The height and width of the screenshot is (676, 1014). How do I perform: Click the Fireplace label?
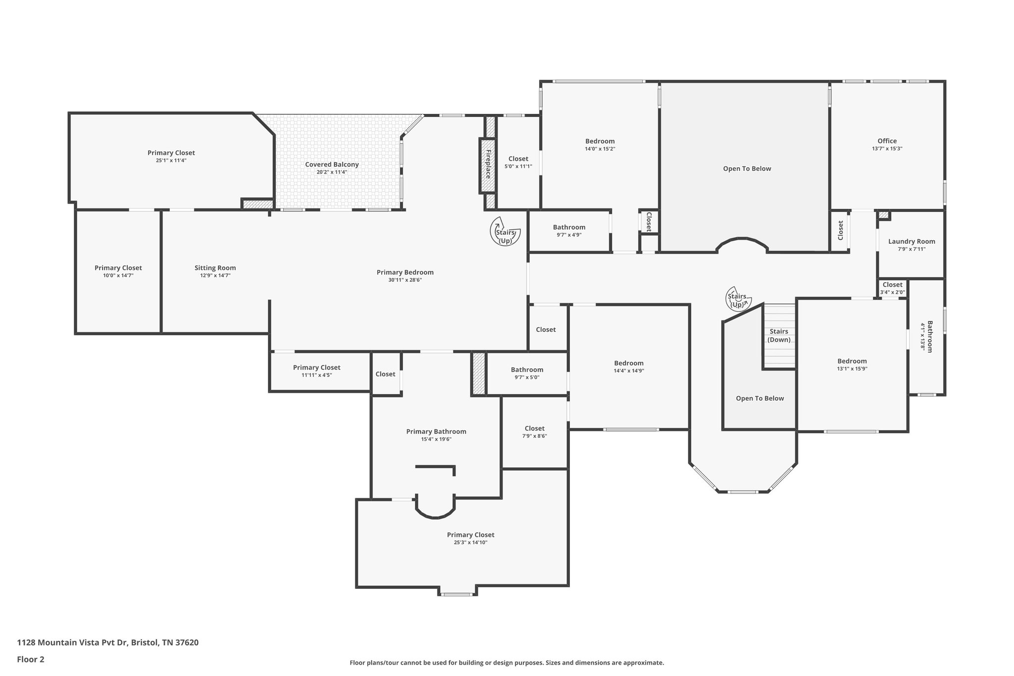click(x=488, y=164)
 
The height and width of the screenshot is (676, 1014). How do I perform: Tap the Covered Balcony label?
click(x=332, y=164)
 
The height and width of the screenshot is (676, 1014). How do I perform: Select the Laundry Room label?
click(x=912, y=242)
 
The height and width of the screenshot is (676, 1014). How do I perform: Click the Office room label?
click(x=887, y=141)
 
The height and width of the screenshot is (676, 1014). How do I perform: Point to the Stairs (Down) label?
click(x=779, y=335)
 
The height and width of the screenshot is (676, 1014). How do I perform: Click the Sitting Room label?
click(x=215, y=268)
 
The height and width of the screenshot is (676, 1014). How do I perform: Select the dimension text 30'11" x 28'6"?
click(x=405, y=280)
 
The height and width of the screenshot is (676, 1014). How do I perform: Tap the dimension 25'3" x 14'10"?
click(x=470, y=542)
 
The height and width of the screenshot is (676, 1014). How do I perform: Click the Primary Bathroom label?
click(x=436, y=431)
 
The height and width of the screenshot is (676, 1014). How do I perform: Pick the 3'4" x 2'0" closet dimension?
click(x=892, y=292)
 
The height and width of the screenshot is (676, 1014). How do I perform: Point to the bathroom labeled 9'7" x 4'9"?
click(x=569, y=227)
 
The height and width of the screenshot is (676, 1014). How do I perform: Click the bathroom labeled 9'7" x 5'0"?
click(x=527, y=369)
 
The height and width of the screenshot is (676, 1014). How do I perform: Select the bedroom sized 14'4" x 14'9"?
click(x=629, y=363)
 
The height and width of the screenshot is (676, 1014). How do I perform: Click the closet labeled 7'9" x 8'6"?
click(x=534, y=428)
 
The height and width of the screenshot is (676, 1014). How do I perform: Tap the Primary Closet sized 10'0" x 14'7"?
click(x=118, y=268)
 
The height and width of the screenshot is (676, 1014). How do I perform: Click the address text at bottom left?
click(x=108, y=643)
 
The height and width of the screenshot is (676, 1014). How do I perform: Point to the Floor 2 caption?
click(x=31, y=659)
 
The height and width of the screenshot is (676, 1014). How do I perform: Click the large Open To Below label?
click(x=747, y=168)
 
